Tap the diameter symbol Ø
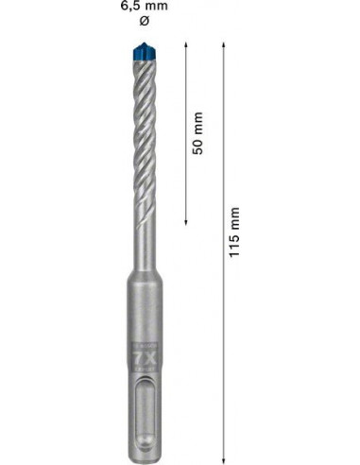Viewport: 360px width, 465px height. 145,21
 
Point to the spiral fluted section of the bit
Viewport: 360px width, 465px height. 144,142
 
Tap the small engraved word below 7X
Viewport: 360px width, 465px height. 144,377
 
